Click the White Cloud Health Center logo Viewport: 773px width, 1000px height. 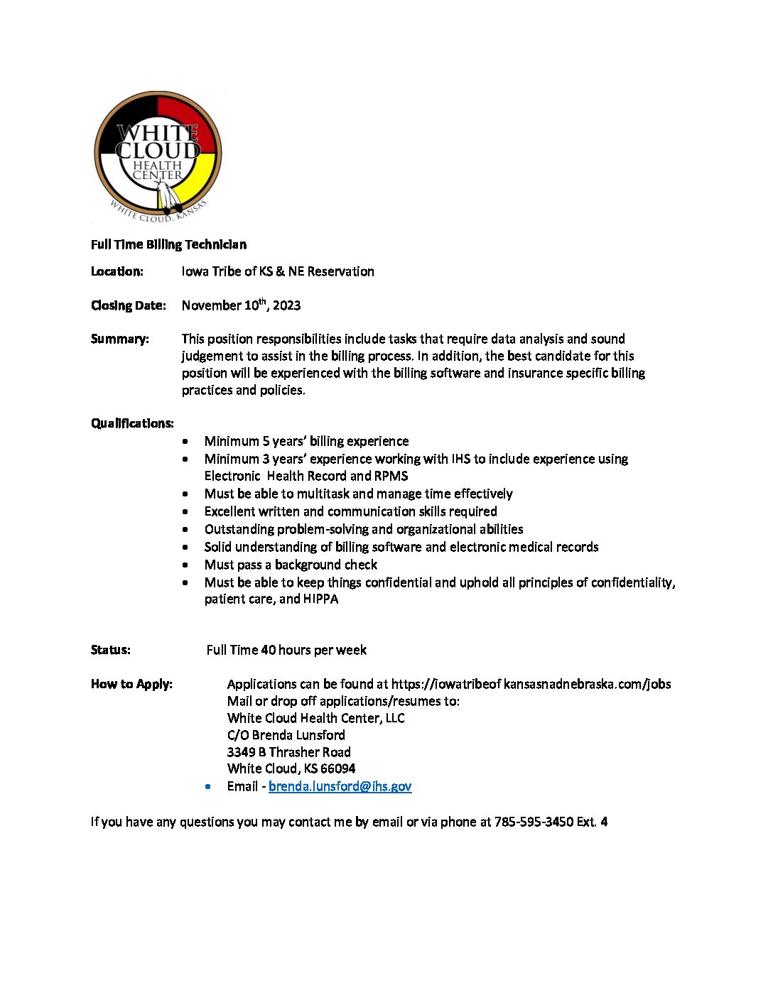[x=158, y=156]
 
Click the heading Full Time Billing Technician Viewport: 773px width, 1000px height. [x=168, y=244]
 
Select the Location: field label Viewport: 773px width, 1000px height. [x=117, y=271]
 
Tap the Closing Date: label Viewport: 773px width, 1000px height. [x=128, y=305]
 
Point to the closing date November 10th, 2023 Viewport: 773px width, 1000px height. [x=241, y=305]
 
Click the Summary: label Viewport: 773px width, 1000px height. [x=119, y=339]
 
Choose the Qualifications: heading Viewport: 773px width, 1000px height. [x=132, y=423]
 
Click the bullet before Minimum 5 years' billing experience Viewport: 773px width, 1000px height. [x=185, y=441]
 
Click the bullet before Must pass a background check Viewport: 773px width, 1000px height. [x=185, y=565]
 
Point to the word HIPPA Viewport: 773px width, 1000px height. [x=320, y=599]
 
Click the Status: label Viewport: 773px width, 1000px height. [x=110, y=650]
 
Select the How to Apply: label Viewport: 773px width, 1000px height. [x=131, y=684]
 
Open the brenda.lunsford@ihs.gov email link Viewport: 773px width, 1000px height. [x=340, y=786]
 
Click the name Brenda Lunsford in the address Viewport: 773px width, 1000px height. [x=298, y=735]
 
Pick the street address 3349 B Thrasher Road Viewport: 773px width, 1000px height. [x=288, y=752]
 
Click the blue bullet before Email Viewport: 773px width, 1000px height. [x=207, y=786]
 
